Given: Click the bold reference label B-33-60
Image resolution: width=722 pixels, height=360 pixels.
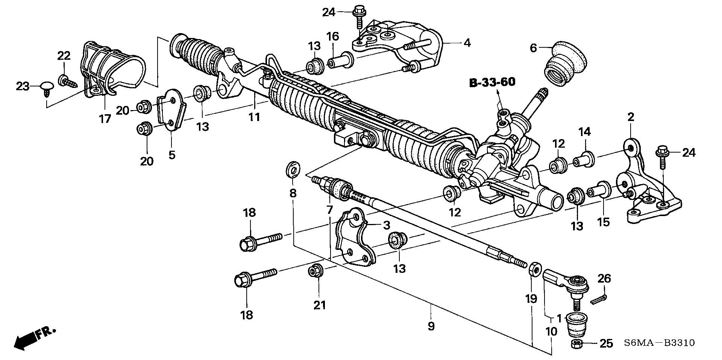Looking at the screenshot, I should [492, 83].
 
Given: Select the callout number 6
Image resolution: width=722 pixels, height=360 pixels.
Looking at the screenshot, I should [533, 48].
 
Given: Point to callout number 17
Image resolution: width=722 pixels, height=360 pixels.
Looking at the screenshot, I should [105, 119].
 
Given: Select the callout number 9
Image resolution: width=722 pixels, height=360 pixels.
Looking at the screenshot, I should [431, 326].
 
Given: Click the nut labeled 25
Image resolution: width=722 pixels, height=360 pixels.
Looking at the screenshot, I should [576, 343].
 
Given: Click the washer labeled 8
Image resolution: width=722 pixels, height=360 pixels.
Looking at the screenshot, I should [293, 169].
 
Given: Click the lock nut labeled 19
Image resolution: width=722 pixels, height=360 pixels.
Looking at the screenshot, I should [534, 269].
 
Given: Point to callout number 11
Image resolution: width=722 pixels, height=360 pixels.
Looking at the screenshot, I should [254, 117].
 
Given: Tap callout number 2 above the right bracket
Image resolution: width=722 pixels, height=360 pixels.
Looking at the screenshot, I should [631, 117].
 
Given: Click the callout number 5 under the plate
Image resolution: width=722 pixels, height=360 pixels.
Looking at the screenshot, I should [172, 154].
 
